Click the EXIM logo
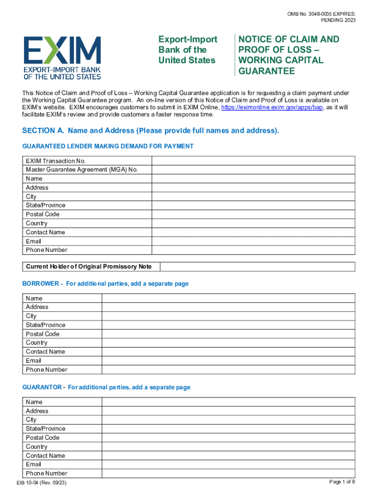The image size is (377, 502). point(62,57)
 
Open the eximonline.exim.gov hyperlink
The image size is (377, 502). point(272,107)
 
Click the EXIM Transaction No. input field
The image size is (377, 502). point(253,161)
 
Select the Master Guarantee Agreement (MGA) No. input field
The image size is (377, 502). point(253,170)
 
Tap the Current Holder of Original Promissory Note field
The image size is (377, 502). point(258,267)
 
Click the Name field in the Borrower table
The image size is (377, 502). point(228,298)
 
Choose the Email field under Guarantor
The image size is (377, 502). point(228,464)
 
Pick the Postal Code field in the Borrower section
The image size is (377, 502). point(228,334)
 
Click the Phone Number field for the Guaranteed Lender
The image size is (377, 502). point(253,250)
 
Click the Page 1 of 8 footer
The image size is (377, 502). point(342,482)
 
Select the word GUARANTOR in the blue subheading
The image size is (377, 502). point(42,387)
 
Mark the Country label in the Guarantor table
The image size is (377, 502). point(37,447)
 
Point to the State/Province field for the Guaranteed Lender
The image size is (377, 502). point(253,205)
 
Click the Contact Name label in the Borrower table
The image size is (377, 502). point(45,351)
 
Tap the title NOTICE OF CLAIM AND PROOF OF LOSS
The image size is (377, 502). point(288,55)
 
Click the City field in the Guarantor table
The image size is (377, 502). point(228,420)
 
